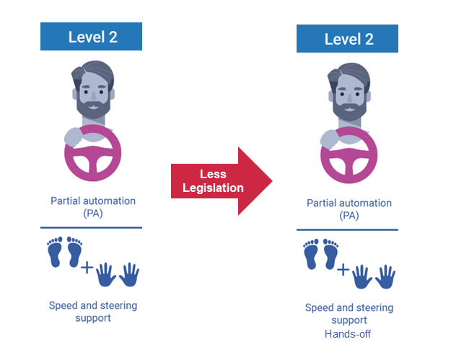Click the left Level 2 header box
tap(92, 37)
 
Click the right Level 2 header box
tap(347, 39)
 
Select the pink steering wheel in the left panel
tap(92, 156)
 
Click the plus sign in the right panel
tap(343, 271)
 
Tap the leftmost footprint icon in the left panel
tap(55, 252)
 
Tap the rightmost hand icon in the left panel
tap(129, 274)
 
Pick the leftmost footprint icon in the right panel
tap(312, 255)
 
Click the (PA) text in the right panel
tap(349, 216)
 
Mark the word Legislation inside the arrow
tap(214, 188)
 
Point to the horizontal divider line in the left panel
tap(92, 228)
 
